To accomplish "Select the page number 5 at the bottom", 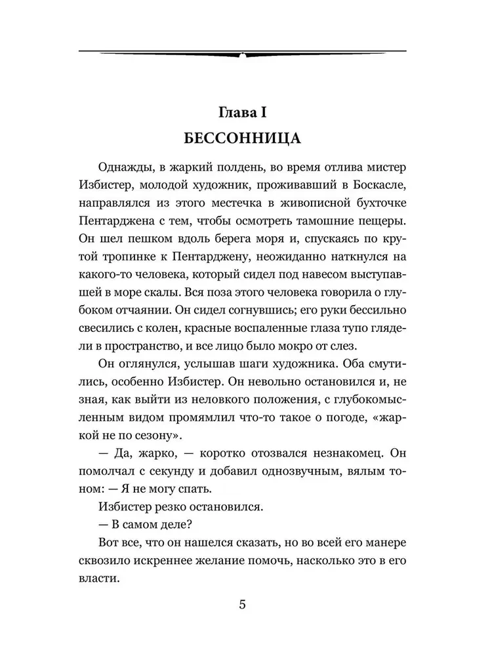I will coord(243,604).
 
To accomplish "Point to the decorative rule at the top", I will coord(243,52).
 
